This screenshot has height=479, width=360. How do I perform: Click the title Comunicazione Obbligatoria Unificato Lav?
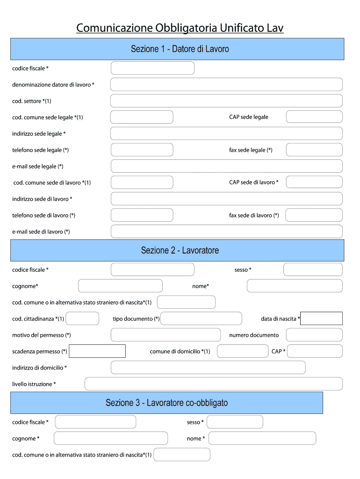180,28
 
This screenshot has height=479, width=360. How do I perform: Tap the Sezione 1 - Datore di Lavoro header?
180,49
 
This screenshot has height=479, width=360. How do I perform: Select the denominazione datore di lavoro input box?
226,85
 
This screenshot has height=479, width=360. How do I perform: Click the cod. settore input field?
226,101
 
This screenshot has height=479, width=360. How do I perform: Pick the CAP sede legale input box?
314,117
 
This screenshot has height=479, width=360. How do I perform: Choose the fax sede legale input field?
314,150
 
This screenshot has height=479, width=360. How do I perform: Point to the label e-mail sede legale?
38,167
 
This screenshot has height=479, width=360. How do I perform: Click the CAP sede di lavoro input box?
314,182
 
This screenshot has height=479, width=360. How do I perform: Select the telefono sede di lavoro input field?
142,215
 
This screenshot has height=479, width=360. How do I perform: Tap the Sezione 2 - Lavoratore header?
180,250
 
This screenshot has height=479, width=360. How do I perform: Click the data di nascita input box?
322,319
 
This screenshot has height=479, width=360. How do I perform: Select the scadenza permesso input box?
97,351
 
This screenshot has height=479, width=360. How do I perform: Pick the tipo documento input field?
201,319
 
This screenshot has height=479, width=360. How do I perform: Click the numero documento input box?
314,335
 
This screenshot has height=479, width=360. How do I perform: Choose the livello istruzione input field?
213,384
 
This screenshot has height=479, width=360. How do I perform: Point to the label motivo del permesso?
42,335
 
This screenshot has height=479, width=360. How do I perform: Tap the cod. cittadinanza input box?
83,319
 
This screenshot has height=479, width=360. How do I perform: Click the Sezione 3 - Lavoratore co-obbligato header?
167,403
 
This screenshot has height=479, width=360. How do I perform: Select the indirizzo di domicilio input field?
208,367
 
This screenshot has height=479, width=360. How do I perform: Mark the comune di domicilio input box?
242,351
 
